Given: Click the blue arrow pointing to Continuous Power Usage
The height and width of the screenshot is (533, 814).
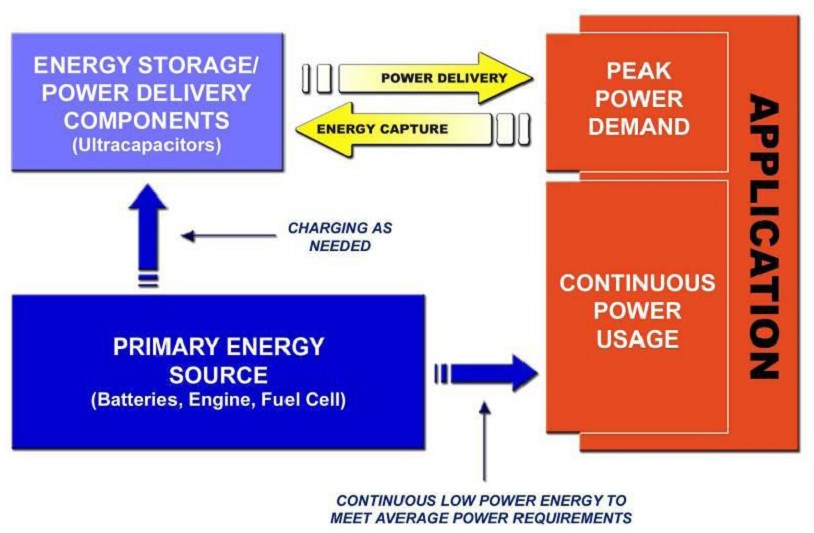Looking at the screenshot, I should [x=494, y=373].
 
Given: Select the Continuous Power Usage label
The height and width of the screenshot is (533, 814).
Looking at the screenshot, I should [x=637, y=310].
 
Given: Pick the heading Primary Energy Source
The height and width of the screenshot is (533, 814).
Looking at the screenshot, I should [x=218, y=361].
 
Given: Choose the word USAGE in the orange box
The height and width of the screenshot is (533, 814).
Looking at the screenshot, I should [x=637, y=338].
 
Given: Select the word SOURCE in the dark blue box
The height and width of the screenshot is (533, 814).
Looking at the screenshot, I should [x=218, y=376].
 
